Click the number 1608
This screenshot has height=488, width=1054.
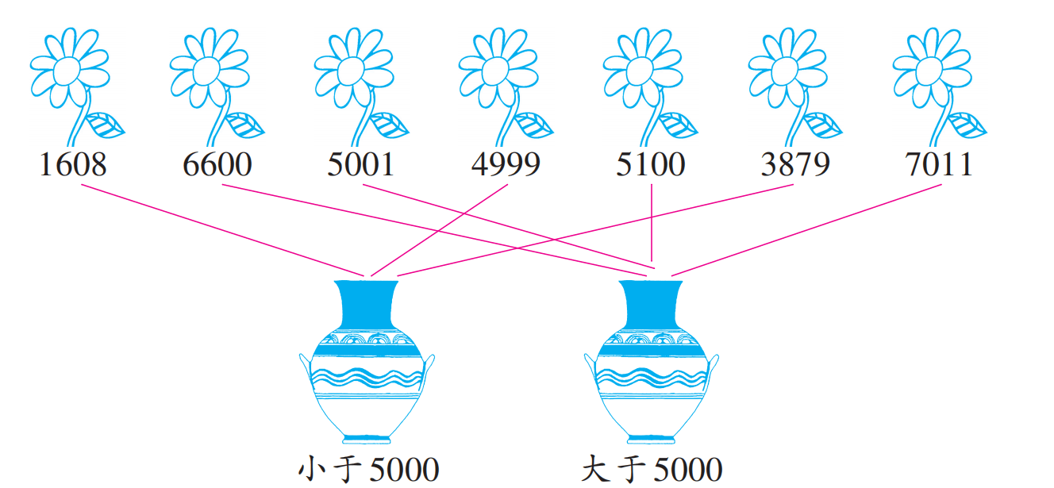pyautogui.click(x=72, y=165)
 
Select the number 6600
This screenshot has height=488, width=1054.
pyautogui.click(x=217, y=165)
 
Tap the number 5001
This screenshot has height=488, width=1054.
pyautogui.click(x=361, y=165)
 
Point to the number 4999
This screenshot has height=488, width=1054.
pyautogui.click(x=506, y=165)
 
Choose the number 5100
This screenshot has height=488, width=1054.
pyautogui.click(x=650, y=165)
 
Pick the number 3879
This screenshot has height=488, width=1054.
pyautogui.click(x=794, y=165)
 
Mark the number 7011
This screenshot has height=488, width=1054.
pyautogui.click(x=939, y=165)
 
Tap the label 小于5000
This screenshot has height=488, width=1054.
pyautogui.click(x=367, y=469)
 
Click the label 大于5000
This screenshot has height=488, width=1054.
pyautogui.click(x=651, y=469)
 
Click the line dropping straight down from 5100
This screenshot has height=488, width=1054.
pyautogui.click(x=651, y=222)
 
